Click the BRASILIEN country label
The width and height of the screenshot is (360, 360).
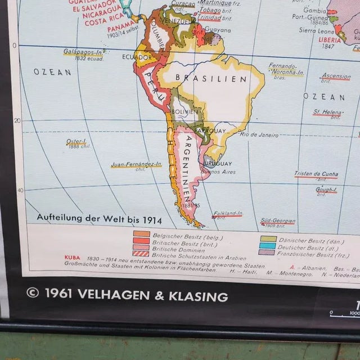click(211, 79)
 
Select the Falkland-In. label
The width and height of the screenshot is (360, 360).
click(228, 214)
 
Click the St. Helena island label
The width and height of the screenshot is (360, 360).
click(328, 112)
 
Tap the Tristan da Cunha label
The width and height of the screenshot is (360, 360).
click(316, 174)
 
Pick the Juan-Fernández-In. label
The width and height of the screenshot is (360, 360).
click(136, 165)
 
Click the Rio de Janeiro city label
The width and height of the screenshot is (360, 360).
click(259, 135)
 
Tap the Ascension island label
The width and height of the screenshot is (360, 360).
click(336, 76)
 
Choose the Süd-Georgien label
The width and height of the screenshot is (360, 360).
click(277, 221)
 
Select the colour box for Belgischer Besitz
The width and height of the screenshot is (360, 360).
click(142, 234)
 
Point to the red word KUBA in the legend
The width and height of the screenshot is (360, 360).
click(72, 259)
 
